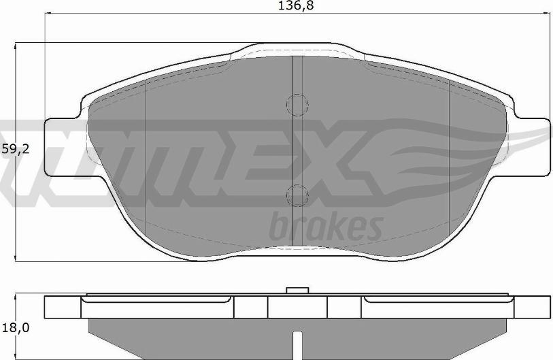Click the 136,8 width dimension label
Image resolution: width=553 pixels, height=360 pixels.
click(296, 5)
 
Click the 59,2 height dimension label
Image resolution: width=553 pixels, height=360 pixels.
click(15, 149)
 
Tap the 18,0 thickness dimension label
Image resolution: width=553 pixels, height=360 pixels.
click(15, 328)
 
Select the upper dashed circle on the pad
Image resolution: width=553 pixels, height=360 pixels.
click(298, 105)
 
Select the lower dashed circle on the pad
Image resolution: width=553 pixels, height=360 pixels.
click(298, 195)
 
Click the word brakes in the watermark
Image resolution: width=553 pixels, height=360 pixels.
click(326, 226)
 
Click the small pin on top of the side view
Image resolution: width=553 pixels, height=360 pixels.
click(297, 291)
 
